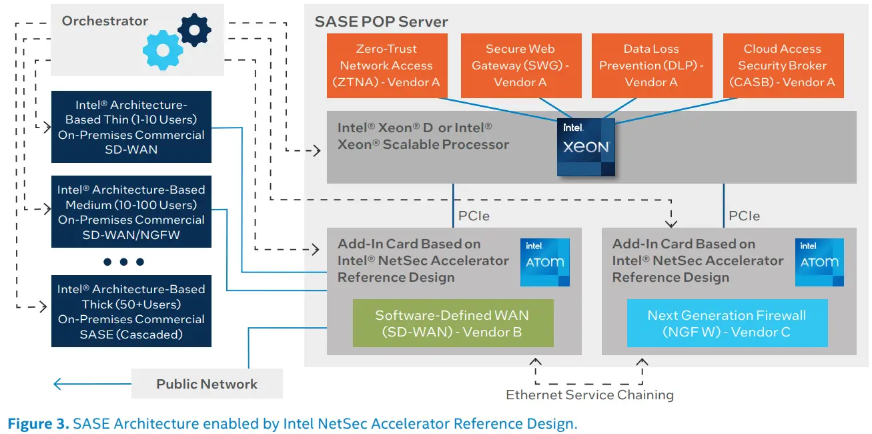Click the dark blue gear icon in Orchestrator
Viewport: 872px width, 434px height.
(194, 29)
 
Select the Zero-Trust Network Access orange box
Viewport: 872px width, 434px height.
(386, 65)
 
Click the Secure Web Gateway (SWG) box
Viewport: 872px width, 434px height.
(520, 65)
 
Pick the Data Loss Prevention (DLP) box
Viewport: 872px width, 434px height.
(651, 65)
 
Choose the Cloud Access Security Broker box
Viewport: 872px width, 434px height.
(783, 65)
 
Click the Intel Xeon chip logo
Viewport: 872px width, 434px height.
(586, 147)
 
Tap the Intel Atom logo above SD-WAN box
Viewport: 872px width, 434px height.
(545, 262)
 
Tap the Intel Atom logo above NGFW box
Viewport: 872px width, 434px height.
(819, 262)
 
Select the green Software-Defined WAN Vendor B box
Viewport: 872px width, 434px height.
(453, 323)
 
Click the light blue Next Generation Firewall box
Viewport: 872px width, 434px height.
(727, 323)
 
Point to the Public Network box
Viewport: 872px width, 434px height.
(207, 384)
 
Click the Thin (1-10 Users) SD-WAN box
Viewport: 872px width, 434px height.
(131, 127)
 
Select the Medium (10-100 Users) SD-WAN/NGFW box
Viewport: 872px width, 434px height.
(131, 212)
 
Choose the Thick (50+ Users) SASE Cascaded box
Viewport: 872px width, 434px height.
(131, 311)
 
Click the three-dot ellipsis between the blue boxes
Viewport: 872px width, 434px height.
(123, 262)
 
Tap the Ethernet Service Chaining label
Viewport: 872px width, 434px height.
(589, 395)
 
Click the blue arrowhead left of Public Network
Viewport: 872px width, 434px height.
(59, 384)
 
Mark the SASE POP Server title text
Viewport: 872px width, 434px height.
(381, 21)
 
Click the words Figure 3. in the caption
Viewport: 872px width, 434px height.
(38, 423)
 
